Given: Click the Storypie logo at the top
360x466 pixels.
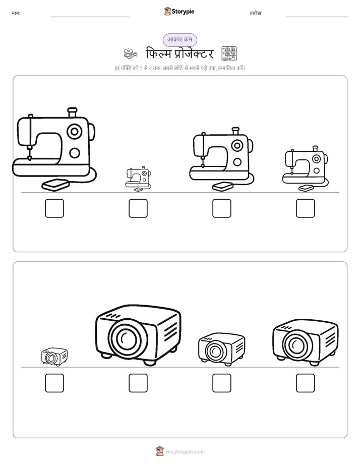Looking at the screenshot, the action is pyautogui.click(x=179, y=11).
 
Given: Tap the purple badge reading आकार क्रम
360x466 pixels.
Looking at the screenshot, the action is pyautogui.click(x=179, y=40).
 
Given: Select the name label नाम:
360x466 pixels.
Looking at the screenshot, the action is pyautogui.click(x=16, y=14).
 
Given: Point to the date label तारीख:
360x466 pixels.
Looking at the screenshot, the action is pyautogui.click(x=256, y=14).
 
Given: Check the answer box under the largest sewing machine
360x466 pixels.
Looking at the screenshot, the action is pyautogui.click(x=54, y=208).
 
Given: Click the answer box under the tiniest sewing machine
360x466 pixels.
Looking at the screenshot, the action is pyautogui.click(x=138, y=208).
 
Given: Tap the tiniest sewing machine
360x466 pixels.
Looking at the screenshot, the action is pyautogui.click(x=138, y=179).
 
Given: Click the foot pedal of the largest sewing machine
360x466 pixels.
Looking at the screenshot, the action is pyautogui.click(x=55, y=185).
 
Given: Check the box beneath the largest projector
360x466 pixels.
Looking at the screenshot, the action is pyautogui.click(x=138, y=383).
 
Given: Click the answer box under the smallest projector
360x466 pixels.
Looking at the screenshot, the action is pyautogui.click(x=54, y=383).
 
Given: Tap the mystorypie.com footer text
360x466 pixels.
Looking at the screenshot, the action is pyautogui.click(x=185, y=452).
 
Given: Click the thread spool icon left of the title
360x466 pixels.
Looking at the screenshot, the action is pyautogui.click(x=131, y=54).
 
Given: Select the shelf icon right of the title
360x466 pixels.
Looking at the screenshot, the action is pyautogui.click(x=229, y=54).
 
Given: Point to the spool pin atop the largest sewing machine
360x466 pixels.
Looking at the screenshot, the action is pyautogui.click(x=72, y=112).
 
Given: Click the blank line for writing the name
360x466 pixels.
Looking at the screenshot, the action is pyautogui.click(x=90, y=17).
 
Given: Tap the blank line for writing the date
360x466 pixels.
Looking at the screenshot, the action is pyautogui.click(x=317, y=17).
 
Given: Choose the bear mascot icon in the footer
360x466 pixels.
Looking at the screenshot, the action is pyautogui.click(x=160, y=451).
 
